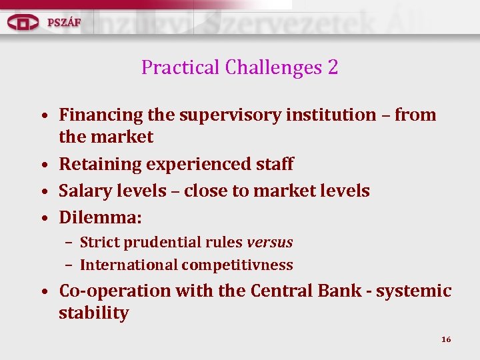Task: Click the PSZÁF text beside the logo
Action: tap(64, 21)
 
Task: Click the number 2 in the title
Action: tap(332, 67)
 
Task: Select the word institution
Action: tap(331, 115)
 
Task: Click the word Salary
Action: tap(85, 191)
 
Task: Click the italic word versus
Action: tap(269, 242)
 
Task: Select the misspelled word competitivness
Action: tap(237, 265)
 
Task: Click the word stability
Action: tap(93, 313)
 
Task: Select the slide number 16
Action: tap(446, 339)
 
